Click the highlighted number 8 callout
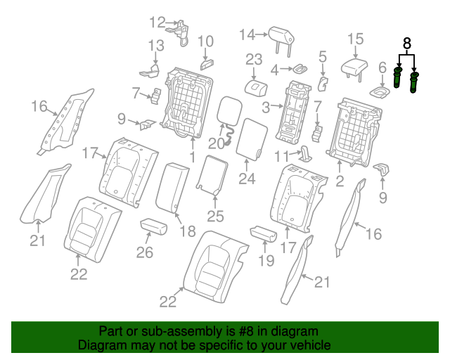pos(406,44)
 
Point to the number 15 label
pos(355,39)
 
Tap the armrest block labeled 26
pos(153,226)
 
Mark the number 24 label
pos(246,179)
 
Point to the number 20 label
pos(215,143)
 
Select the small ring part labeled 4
pos(298,68)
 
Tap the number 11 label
pos(281,155)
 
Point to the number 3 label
pos(266,107)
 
